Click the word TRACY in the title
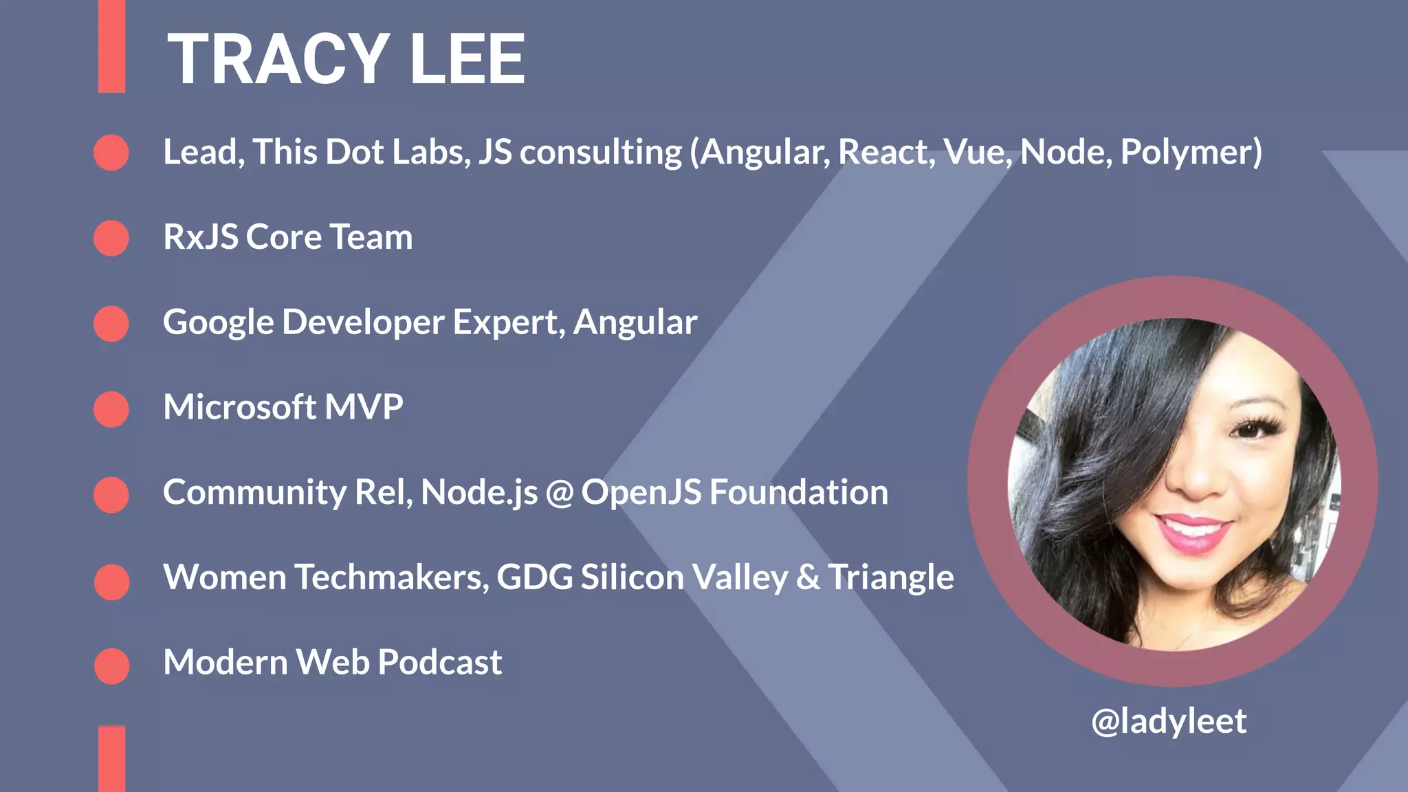pos(278,60)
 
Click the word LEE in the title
pos(467,60)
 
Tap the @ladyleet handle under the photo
pos(1168,721)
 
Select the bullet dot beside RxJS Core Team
pos(111,238)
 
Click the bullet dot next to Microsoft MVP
pos(111,409)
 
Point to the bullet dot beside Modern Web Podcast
pos(111,665)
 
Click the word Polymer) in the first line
pos(1191,153)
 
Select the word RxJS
pos(201,238)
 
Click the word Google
pos(219,323)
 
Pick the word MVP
pos(364,407)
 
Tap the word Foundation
pos(798,492)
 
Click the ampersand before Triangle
pos(808,577)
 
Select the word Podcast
pos(440,663)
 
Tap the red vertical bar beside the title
pos(111,46)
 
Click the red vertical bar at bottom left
pos(111,759)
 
